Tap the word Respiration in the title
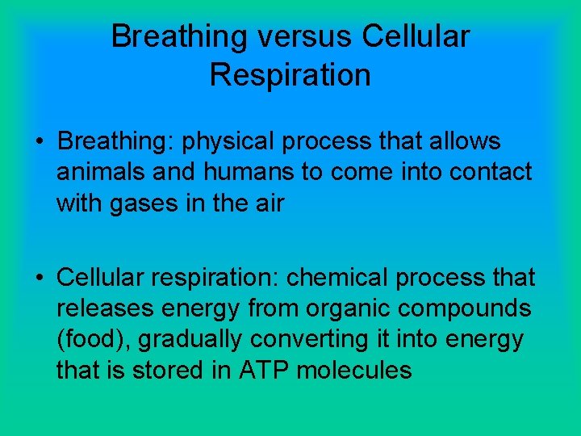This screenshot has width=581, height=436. click(290, 75)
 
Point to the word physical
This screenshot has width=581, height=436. click(226, 142)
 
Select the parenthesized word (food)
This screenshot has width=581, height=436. click(93, 340)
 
